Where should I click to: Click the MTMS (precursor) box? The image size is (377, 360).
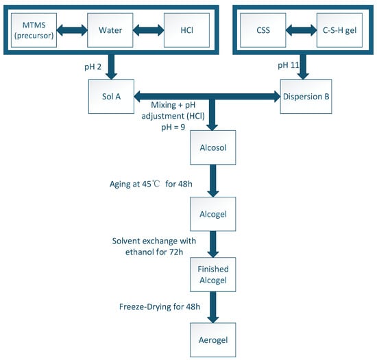34,30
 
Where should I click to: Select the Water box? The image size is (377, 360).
110,30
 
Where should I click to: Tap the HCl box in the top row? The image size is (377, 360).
186,30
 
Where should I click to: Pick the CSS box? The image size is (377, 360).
263,30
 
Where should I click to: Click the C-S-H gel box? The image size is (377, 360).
339,30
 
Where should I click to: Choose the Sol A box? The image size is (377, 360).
111,97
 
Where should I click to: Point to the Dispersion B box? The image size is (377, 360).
306,97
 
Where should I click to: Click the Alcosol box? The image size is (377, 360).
213,147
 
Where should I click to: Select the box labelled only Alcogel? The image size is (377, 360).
213,214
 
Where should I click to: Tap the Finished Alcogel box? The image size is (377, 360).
213,275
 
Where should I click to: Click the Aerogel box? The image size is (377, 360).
213,340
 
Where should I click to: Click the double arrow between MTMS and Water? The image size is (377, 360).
72,30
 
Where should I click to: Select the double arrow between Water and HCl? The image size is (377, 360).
148,30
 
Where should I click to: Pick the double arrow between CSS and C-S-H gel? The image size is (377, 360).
302,30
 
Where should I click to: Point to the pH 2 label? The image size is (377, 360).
93,67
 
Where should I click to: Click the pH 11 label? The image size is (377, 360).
289,65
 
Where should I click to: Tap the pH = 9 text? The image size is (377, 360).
173,127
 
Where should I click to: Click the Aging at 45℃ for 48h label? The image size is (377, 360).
151,184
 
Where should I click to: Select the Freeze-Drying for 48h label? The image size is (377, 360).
160,307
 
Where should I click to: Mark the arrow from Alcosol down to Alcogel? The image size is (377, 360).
213,181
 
